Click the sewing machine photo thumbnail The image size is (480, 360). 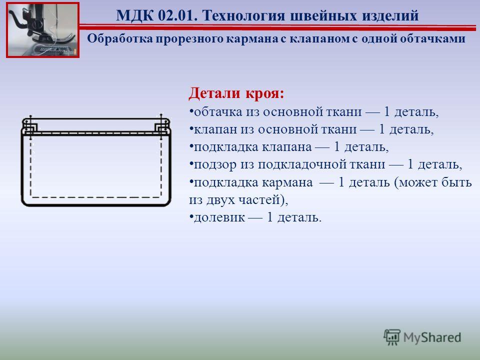pyautogui.click(x=43, y=29)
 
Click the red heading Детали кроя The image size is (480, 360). pyautogui.click(x=236, y=93)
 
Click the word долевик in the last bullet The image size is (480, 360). pyautogui.click(x=219, y=217)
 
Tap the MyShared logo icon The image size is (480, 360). pyautogui.click(x=392, y=337)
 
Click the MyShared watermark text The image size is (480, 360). pyautogui.click(x=432, y=337)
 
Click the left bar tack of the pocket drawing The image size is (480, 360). pyautogui.click(x=30, y=126)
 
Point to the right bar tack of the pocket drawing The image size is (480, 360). pyautogui.click(x=162, y=126)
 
